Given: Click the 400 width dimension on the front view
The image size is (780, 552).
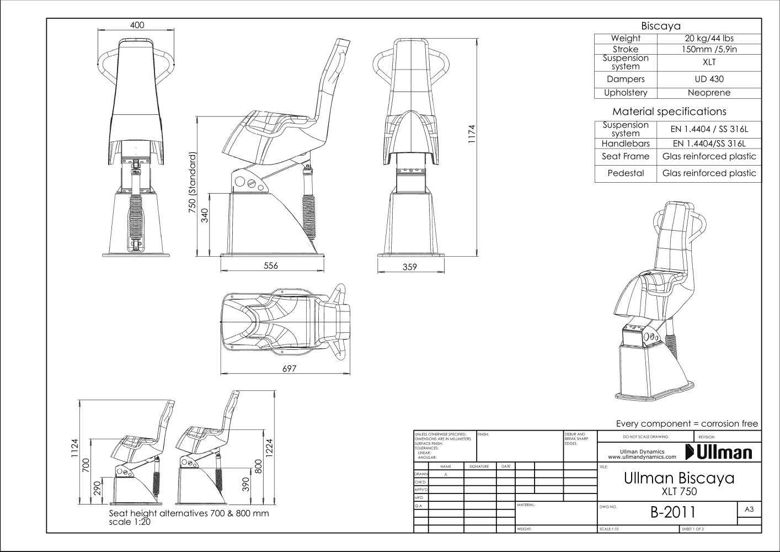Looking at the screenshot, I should [x=137, y=25].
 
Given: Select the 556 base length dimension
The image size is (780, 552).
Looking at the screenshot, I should [x=270, y=266].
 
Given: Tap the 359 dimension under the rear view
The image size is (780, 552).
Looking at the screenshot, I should [x=409, y=267].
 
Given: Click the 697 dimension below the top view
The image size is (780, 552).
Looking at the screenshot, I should [x=290, y=369].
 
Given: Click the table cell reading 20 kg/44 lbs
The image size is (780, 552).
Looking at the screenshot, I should [x=709, y=39].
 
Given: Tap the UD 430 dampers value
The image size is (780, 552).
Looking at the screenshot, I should [x=709, y=79].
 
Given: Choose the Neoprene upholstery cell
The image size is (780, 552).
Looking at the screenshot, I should [x=709, y=93].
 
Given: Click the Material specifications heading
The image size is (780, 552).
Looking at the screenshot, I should [x=669, y=112].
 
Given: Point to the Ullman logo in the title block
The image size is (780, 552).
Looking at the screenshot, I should [x=719, y=453].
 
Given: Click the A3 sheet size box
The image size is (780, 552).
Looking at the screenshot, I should [x=749, y=509].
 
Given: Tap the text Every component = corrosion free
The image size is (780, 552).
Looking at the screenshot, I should [x=686, y=423].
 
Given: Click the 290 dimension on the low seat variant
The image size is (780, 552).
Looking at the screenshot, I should [x=98, y=488].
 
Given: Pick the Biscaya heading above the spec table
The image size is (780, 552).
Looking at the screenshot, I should [x=660, y=26].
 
